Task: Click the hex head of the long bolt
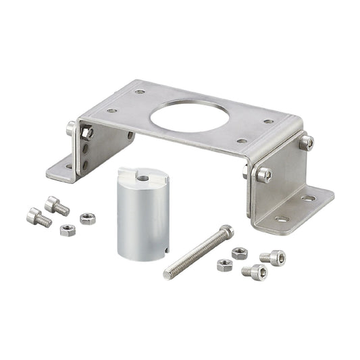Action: point(226,231)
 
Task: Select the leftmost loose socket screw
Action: point(38,217)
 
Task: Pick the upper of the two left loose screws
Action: point(57,205)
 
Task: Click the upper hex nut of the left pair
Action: point(87,218)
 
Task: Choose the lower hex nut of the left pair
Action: point(68,230)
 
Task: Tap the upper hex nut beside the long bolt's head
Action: point(239,253)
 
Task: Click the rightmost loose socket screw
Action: point(274,257)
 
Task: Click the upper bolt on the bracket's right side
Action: point(307,142)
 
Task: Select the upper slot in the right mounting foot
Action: point(308,199)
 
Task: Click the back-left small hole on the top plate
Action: point(140,91)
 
